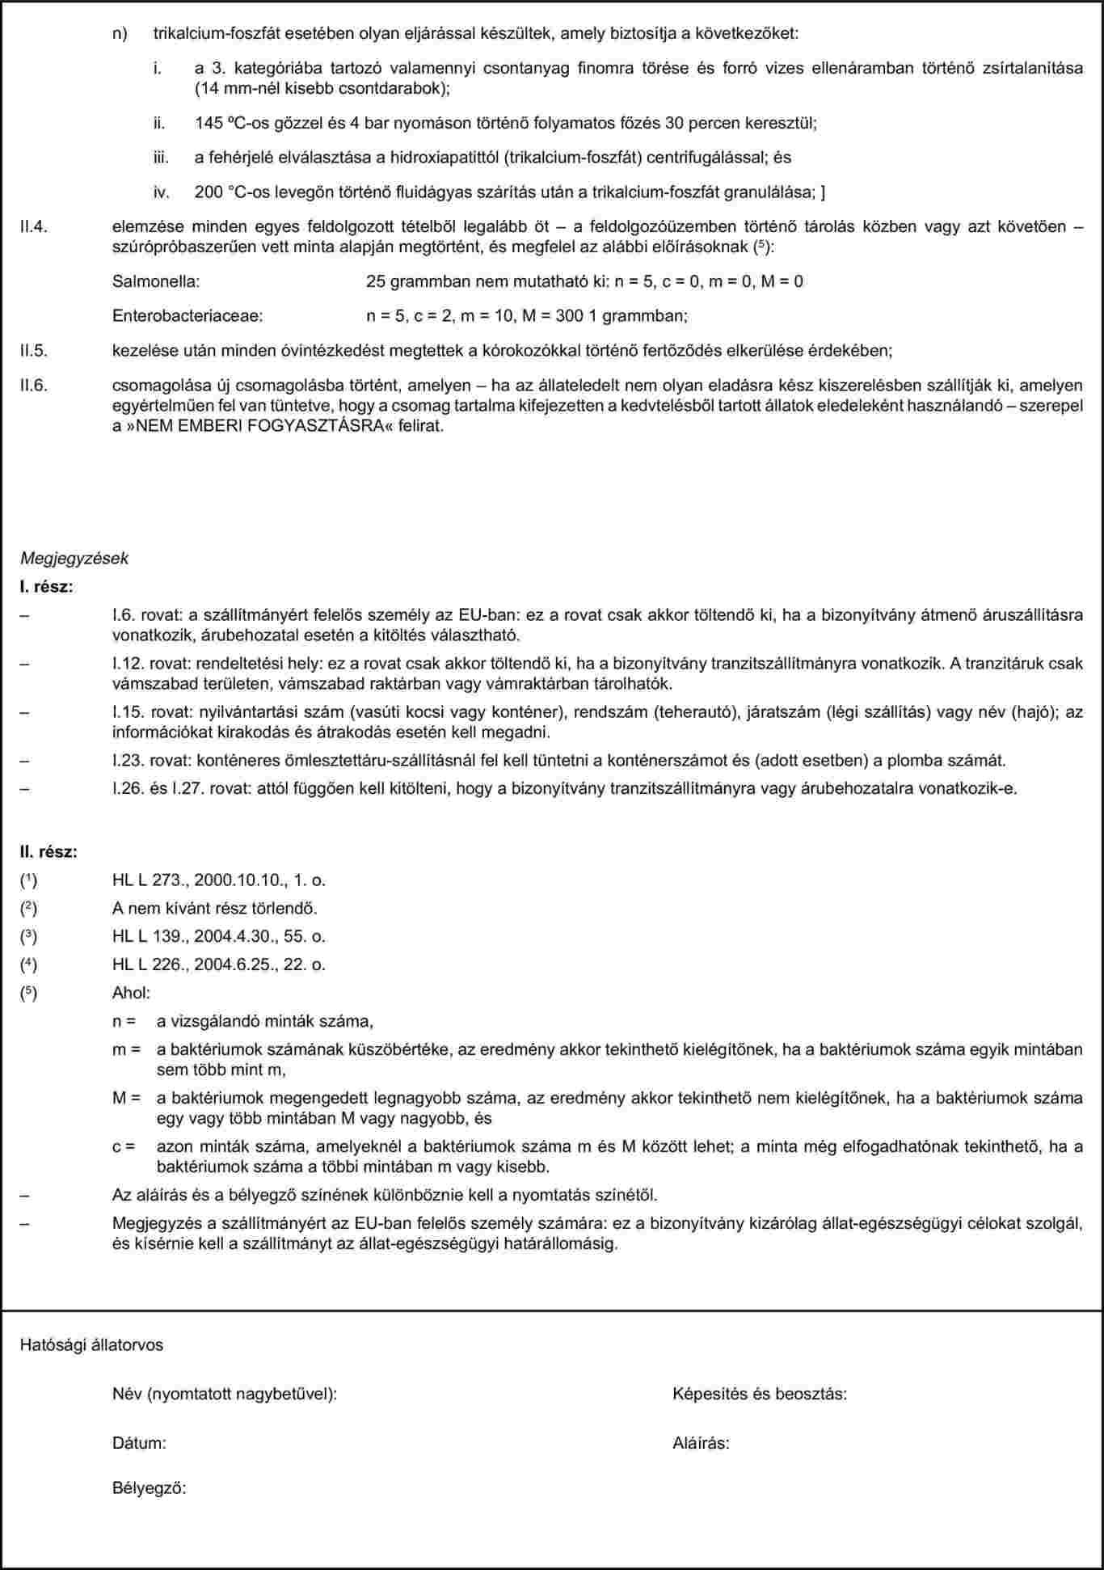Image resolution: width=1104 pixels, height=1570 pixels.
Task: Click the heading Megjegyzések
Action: (74, 559)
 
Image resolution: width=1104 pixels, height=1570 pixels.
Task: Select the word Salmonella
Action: (156, 281)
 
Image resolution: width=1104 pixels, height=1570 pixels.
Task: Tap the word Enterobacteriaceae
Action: (188, 316)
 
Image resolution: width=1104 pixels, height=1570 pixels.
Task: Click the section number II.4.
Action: (33, 226)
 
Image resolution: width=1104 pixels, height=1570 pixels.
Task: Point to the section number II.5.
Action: (33, 351)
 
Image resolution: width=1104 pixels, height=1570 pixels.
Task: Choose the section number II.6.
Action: (33, 386)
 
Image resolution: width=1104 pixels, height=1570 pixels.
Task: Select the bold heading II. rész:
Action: (49, 851)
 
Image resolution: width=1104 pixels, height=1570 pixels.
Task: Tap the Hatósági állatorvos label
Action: (91, 1345)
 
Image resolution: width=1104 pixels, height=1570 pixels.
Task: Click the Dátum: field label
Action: (139, 1443)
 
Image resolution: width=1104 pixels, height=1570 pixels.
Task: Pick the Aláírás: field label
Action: (701, 1443)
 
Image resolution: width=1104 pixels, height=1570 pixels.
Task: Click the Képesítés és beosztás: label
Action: (760, 1394)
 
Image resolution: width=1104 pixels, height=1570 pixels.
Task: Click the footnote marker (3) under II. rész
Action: (28, 936)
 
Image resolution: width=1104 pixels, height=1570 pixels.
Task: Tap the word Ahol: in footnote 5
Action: (131, 993)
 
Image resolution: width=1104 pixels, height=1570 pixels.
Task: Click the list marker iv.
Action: (161, 192)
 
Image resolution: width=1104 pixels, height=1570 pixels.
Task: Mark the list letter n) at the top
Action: (120, 34)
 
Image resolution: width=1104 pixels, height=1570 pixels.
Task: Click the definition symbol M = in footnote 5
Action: (127, 1098)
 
